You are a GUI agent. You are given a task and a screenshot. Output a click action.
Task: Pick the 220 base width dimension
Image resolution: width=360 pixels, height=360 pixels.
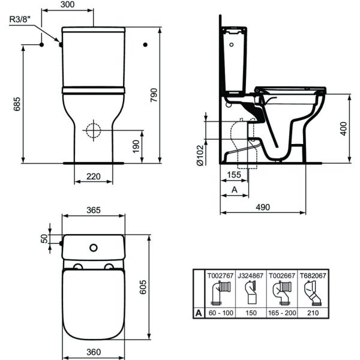(94, 177)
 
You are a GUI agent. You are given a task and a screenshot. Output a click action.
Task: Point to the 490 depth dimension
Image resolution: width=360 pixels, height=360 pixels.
(262, 207)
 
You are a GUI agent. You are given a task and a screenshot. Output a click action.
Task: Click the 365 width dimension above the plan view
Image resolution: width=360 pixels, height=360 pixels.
(93, 210)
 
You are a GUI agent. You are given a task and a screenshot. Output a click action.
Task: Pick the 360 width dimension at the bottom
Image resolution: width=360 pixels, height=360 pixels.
(93, 352)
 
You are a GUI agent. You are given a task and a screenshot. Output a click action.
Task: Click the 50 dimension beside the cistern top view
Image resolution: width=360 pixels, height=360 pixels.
(44, 238)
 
